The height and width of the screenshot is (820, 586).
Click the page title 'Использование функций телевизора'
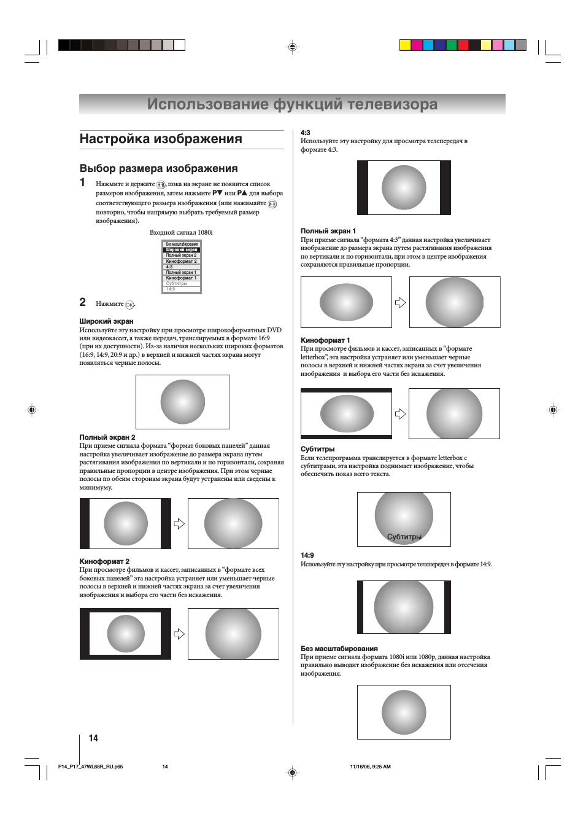tap(292, 104)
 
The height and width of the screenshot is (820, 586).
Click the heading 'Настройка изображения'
tap(161, 139)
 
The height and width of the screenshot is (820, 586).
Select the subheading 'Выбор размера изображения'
tap(158, 168)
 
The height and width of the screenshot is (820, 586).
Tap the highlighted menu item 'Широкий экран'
tap(182, 250)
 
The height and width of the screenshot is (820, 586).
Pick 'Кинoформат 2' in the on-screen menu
tap(182, 261)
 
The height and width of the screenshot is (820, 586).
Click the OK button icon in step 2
tap(129, 305)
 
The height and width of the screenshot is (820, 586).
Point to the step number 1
tap(83, 182)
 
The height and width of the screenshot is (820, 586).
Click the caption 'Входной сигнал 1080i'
tap(181, 232)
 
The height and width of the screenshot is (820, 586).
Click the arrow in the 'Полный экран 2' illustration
tap(179, 523)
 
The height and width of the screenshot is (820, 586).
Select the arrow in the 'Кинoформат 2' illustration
tap(179, 634)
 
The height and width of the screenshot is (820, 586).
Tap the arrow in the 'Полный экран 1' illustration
tap(400, 302)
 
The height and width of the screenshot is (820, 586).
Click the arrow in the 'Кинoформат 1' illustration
tap(400, 414)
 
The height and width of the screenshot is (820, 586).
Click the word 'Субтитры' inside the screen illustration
tap(404, 537)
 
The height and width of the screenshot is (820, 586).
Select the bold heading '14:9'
tap(307, 555)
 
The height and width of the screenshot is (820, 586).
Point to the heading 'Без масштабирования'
tap(339, 649)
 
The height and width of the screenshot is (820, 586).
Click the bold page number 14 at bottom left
tap(93, 738)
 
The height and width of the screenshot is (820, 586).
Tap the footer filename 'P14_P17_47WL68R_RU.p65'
tap(90, 767)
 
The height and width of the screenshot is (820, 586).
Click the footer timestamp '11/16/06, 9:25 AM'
tap(370, 767)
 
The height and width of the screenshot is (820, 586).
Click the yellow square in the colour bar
tap(405, 45)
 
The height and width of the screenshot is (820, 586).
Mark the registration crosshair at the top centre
tap(293, 47)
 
